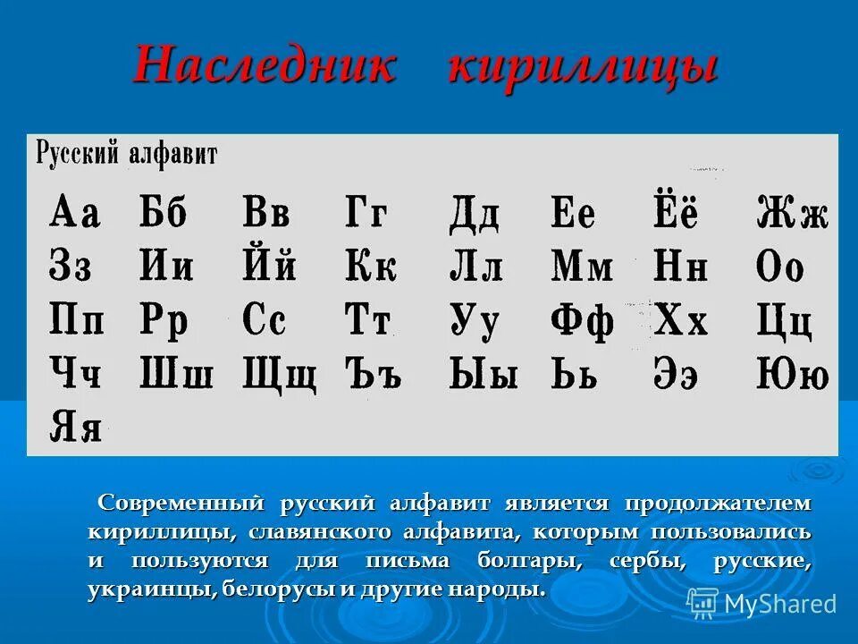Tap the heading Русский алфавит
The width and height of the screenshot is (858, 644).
pyautogui.click(x=126, y=153)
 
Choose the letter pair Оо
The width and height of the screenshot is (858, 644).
pyautogui.click(x=780, y=267)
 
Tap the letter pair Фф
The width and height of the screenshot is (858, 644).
pyautogui.click(x=582, y=320)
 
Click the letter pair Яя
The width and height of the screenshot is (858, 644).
pyautogui.click(x=75, y=426)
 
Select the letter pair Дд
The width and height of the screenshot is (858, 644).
pyautogui.click(x=474, y=215)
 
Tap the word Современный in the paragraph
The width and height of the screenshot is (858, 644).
pyautogui.click(x=183, y=503)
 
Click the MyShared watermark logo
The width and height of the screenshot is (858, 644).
pyautogui.click(x=762, y=604)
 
